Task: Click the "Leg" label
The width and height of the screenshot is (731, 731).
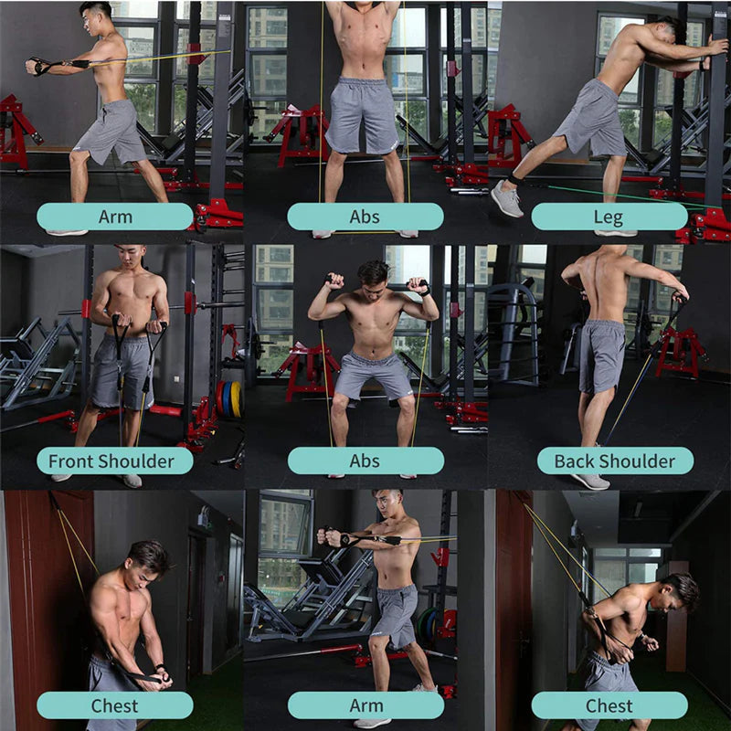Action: [609, 217]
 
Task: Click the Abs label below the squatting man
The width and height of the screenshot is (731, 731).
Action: [365, 461]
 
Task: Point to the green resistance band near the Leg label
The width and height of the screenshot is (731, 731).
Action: [621, 195]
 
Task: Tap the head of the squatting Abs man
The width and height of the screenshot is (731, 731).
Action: [373, 271]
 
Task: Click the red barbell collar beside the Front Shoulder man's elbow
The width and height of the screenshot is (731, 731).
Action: [189, 304]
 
